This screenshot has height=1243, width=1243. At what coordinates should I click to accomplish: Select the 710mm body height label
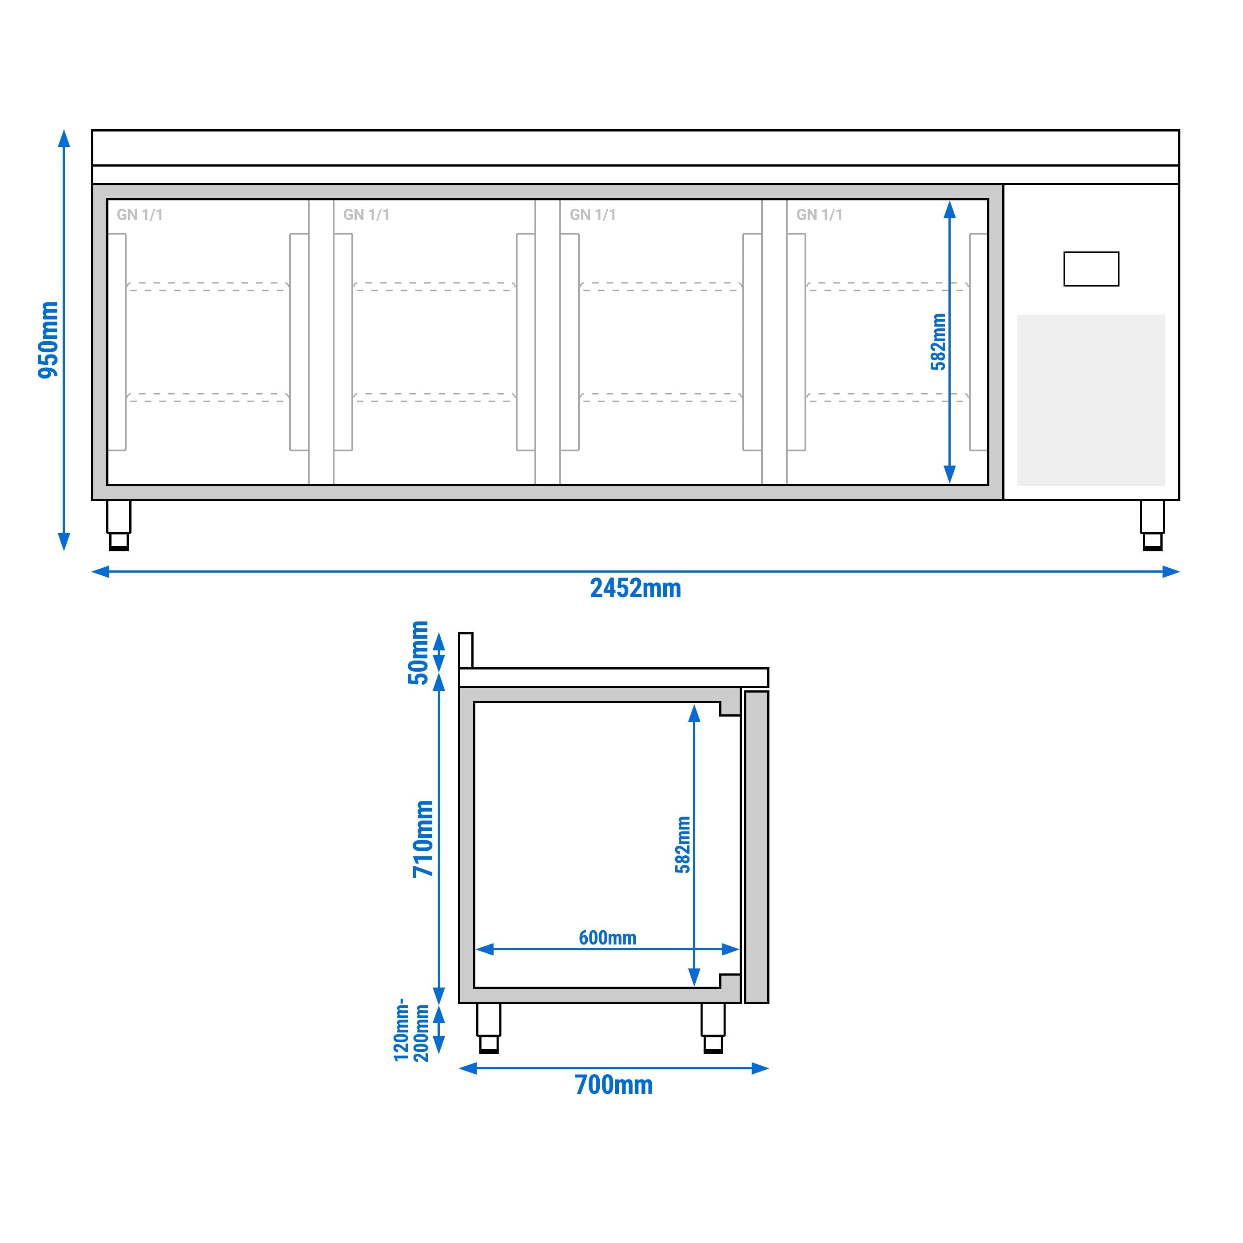423,838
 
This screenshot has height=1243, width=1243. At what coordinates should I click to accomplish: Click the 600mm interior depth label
607,937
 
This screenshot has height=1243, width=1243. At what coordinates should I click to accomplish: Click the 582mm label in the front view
938,342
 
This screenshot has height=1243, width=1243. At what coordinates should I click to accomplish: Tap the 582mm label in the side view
683,845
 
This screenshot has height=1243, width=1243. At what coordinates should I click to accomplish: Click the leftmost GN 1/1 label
139,215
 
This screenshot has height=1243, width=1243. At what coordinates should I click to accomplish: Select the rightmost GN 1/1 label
819,215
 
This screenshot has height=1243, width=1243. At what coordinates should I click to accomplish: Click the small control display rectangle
1091,269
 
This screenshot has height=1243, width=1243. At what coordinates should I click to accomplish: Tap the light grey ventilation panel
1091,400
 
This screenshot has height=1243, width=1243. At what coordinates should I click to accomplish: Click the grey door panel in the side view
757,847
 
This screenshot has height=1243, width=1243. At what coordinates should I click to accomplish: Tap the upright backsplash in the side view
466,650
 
